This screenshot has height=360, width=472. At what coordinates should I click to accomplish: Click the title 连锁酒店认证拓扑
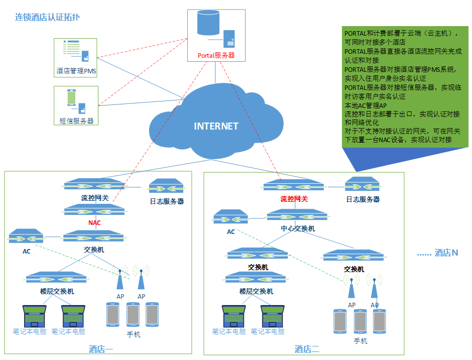(x=47, y=17)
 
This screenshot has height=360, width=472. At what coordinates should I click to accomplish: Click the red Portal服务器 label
(x=216, y=55)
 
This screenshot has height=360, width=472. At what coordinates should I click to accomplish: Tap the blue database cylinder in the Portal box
(x=208, y=22)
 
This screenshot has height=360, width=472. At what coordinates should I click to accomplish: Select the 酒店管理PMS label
(x=76, y=71)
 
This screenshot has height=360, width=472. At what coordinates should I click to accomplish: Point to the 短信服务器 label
(x=76, y=121)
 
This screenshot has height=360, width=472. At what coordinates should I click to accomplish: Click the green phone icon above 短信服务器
(x=71, y=97)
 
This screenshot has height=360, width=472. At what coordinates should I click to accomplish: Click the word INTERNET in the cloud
(x=216, y=126)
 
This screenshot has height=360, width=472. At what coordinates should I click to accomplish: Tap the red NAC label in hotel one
(x=94, y=223)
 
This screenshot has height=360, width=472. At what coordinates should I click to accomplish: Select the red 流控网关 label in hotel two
(x=294, y=199)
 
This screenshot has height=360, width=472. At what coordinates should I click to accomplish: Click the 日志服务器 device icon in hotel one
(x=167, y=186)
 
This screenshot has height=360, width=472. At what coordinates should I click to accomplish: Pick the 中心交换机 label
(x=298, y=229)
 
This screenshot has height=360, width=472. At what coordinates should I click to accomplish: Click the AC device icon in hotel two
(x=230, y=217)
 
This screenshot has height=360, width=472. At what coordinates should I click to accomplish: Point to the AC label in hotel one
(x=27, y=252)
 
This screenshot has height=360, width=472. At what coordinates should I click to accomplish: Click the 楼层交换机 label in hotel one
(x=57, y=291)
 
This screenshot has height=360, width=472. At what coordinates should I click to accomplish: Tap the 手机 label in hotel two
(x=361, y=341)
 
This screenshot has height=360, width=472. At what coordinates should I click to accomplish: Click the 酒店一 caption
(x=101, y=349)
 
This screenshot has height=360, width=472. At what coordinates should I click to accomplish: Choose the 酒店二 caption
(x=307, y=349)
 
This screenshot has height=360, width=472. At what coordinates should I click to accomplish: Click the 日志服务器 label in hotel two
(x=363, y=199)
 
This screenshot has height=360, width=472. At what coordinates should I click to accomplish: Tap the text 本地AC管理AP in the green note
(x=366, y=105)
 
